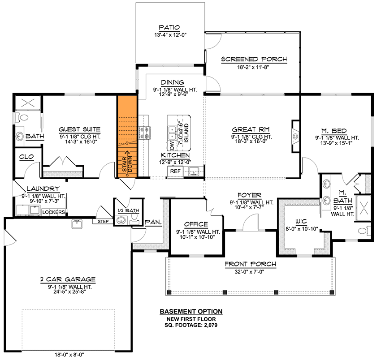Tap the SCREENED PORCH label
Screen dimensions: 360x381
click(x=254, y=59)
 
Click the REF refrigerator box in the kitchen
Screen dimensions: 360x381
click(x=174, y=171)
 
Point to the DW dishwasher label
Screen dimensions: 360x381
click(x=172, y=146)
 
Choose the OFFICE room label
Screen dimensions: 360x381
click(x=196, y=224)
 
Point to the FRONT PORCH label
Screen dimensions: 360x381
click(x=250, y=264)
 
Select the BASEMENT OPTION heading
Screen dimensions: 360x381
click(x=191, y=312)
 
